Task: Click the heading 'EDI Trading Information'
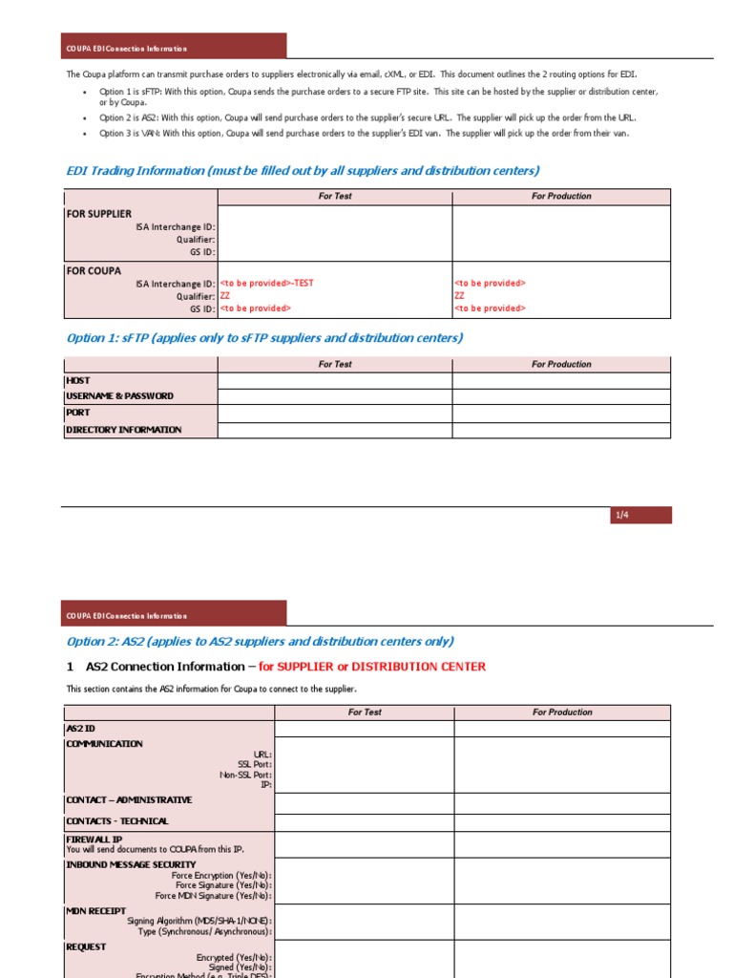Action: tap(302, 171)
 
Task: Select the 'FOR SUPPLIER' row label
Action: tap(99, 214)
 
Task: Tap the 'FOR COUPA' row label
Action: tap(94, 271)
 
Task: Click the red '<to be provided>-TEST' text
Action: tap(266, 284)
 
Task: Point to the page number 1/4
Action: tap(622, 516)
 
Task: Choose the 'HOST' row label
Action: tap(78, 380)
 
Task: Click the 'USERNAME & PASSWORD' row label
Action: tap(119, 396)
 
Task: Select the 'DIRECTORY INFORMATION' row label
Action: tap(123, 431)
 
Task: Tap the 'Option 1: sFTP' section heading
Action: tap(264, 338)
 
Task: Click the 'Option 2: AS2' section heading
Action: tap(260, 642)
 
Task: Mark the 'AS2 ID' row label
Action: tap(80, 729)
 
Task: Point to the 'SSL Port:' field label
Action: tap(254, 764)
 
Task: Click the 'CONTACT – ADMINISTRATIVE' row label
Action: tap(129, 800)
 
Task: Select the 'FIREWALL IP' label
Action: tap(94, 840)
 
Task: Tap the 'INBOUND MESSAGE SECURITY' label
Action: tap(131, 864)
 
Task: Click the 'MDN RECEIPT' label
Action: tap(94, 910)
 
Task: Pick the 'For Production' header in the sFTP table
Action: tap(561, 365)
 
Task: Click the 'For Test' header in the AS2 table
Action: tap(365, 712)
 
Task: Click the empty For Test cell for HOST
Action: tap(335, 380)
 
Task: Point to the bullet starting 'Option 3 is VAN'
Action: tap(364, 134)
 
